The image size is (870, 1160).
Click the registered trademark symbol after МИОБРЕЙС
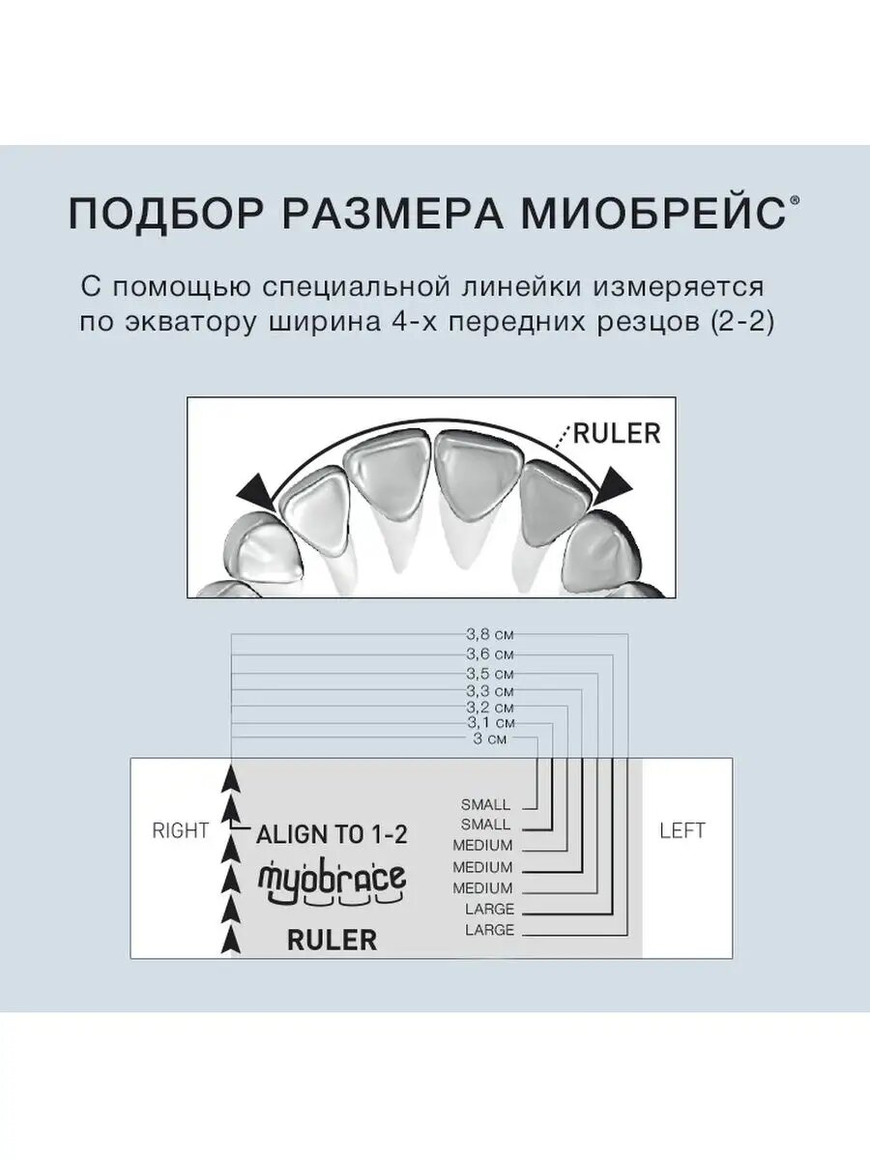pyautogui.click(x=795, y=200)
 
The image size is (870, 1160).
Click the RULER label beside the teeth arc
pyautogui.click(x=617, y=433)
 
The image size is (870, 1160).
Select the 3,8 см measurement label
pyautogui.click(x=489, y=636)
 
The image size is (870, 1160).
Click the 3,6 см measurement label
pyautogui.click(x=489, y=654)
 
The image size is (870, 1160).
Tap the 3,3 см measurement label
pyautogui.click(x=489, y=691)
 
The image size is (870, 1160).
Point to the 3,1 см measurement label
pyautogui.click(x=489, y=723)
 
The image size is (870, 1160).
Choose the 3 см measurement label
pyautogui.click(x=491, y=739)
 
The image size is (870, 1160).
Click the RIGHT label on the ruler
pyautogui.click(x=181, y=830)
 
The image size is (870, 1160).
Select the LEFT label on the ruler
pyautogui.click(x=682, y=830)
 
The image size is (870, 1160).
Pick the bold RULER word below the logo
pyautogui.click(x=332, y=941)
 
